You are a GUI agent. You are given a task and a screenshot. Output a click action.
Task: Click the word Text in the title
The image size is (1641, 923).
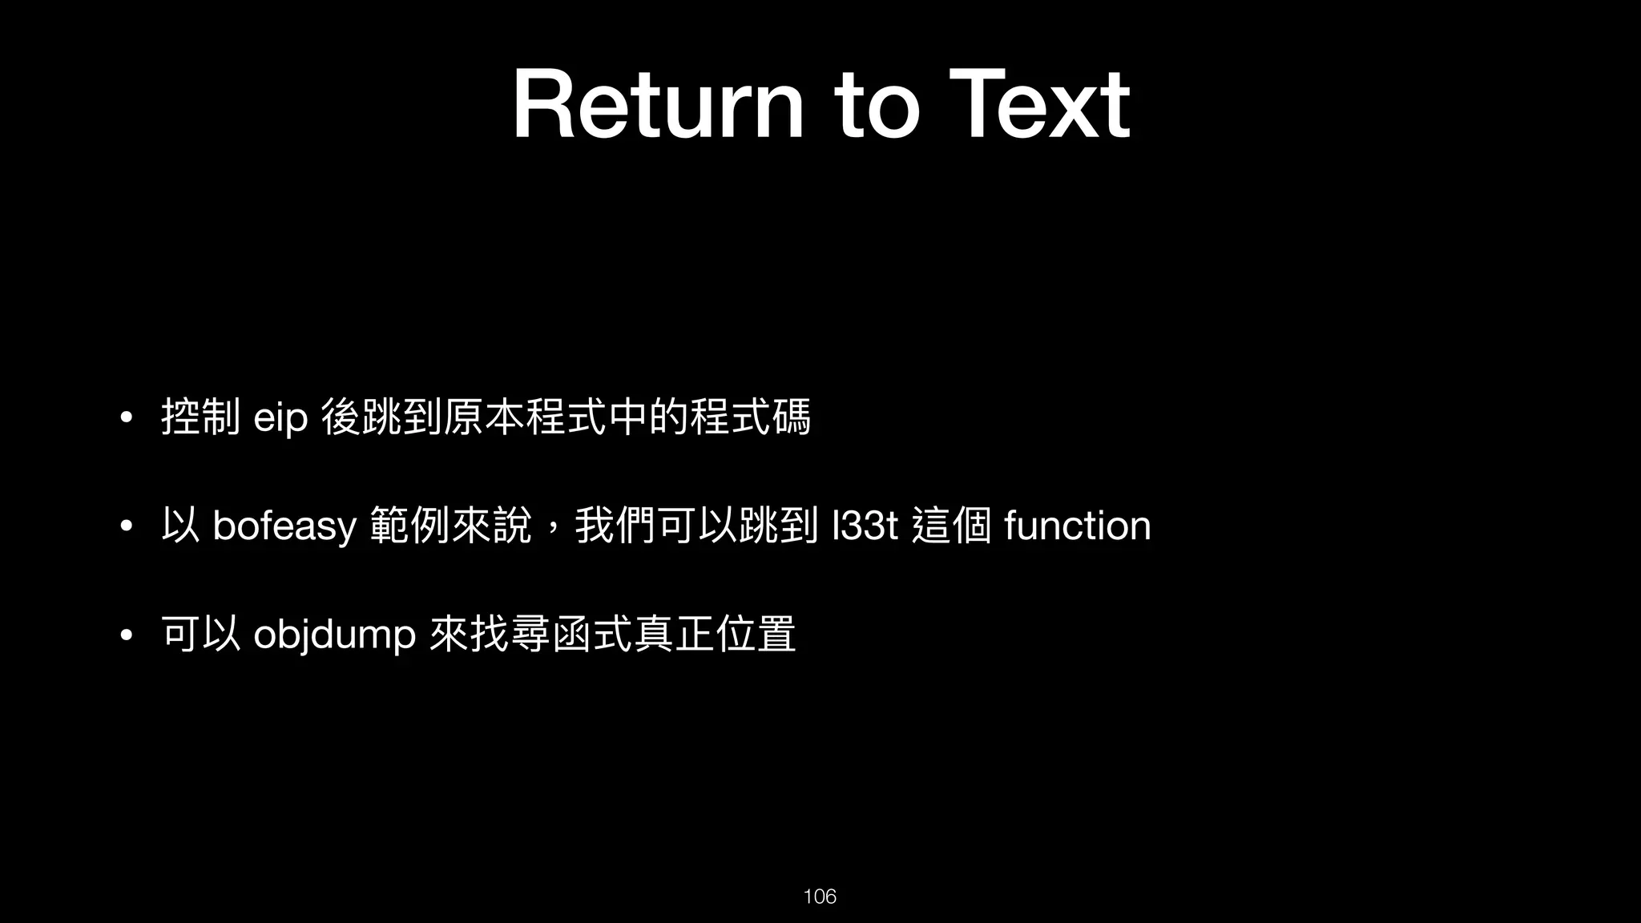[x=1038, y=105]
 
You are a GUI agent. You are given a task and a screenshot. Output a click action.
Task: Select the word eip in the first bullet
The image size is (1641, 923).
[x=280, y=418]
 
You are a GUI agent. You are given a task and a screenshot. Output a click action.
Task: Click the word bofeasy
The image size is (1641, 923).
[x=284, y=526]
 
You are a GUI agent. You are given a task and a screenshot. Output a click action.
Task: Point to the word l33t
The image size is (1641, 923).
[x=865, y=526]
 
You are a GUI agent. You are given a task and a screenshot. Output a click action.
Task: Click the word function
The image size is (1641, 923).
[x=1077, y=526]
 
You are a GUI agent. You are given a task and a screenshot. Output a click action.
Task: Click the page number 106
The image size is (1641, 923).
[x=820, y=896]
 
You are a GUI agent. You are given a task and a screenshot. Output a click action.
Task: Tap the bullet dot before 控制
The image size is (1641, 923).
[x=125, y=419]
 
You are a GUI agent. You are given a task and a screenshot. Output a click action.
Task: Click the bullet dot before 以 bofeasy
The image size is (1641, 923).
[x=125, y=527]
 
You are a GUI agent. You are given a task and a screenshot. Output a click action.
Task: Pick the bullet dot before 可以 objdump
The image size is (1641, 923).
[x=125, y=636]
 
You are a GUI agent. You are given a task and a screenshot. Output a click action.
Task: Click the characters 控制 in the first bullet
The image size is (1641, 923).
[x=200, y=417]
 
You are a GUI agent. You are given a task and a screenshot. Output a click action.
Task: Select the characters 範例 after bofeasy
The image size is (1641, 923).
[x=410, y=526]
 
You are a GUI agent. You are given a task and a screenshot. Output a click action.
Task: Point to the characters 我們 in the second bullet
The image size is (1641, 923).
[x=615, y=526]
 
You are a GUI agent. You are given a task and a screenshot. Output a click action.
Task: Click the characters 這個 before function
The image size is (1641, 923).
[x=952, y=526]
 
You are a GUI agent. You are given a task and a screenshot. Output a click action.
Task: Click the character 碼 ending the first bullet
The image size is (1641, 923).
[x=792, y=417]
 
